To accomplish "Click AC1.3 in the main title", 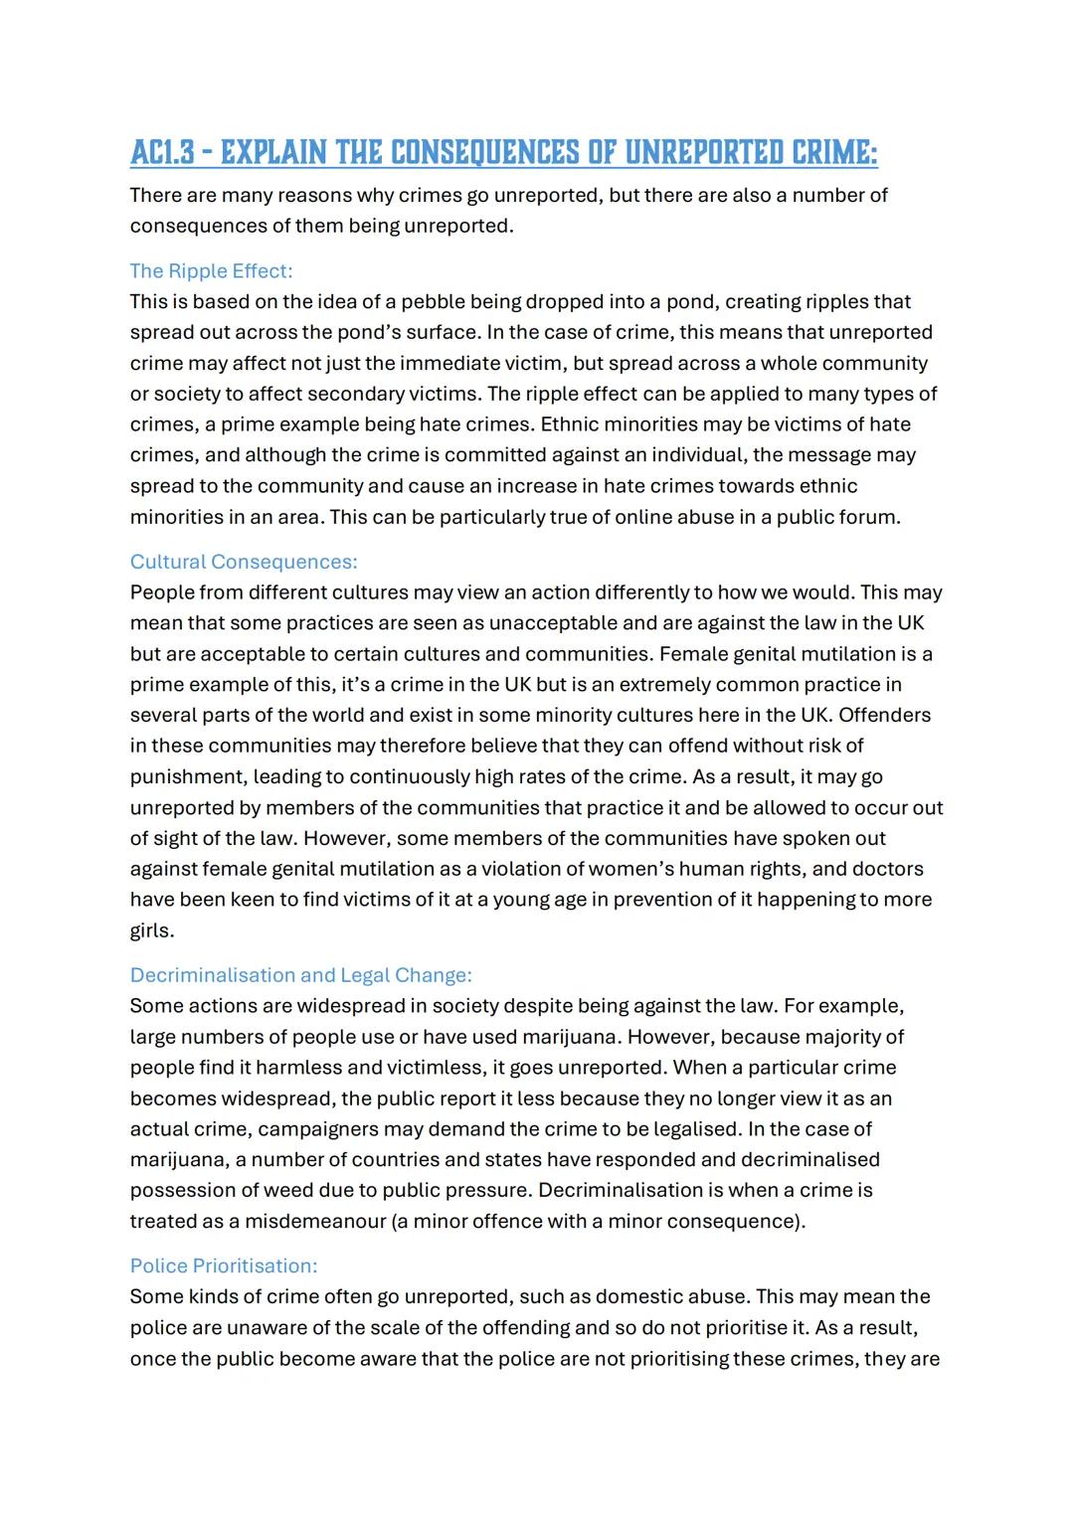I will (x=165, y=153).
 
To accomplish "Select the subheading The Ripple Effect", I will (x=211, y=271).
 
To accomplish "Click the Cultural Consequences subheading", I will (x=244, y=562).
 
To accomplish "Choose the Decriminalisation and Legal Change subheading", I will (x=300, y=975).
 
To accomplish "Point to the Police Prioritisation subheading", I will (x=224, y=1265).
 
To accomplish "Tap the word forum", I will (x=868, y=517).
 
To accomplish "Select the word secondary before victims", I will (x=350, y=394).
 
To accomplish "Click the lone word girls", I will (x=151, y=930).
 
